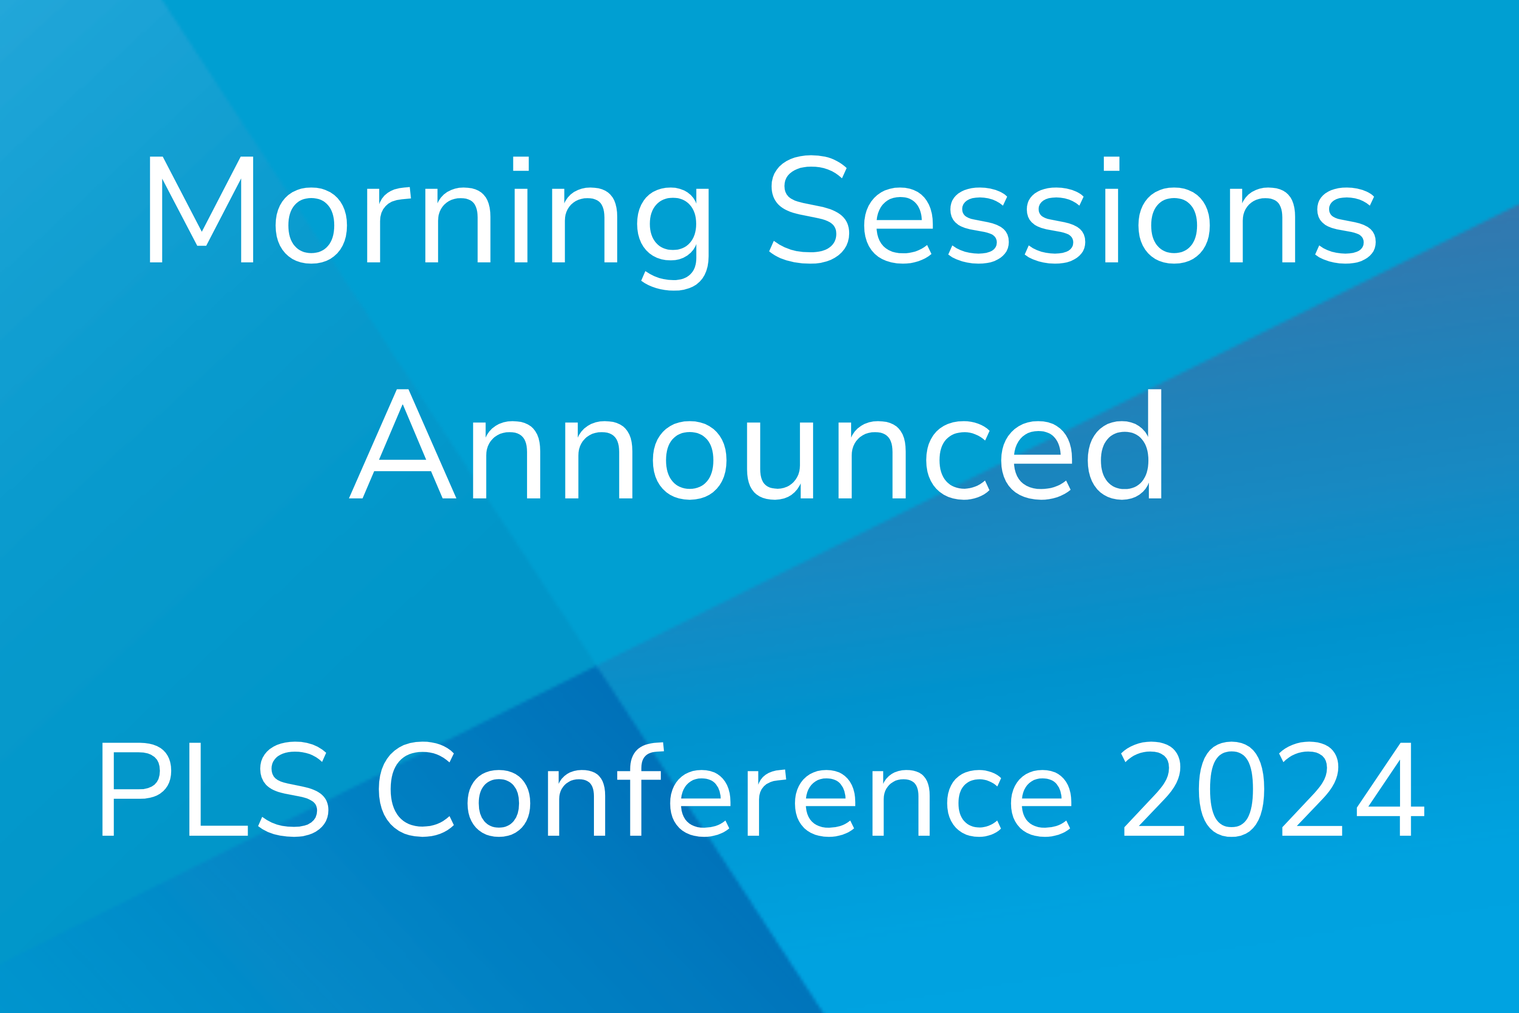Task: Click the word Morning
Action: coord(429,223)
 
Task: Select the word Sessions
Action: coord(1072,209)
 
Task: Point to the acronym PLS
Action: coord(215,789)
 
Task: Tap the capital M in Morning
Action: coord(202,209)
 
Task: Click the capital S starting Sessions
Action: coord(809,209)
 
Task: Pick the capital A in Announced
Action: coord(403,444)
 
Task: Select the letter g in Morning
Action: coord(673,239)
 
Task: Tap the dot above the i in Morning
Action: coord(521,164)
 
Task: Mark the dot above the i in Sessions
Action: coord(1111,164)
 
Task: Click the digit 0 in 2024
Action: coord(1231,789)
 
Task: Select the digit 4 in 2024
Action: coord(1390,789)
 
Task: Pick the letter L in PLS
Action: coord(218,789)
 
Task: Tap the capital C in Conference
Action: coord(416,789)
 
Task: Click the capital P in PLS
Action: coord(136,789)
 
